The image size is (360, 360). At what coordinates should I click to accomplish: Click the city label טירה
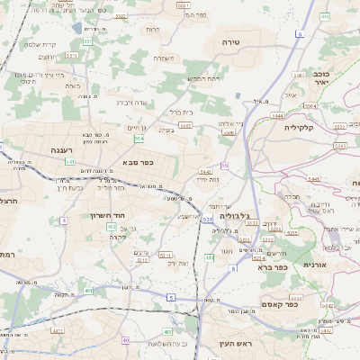233,41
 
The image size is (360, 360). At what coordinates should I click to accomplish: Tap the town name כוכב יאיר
322,76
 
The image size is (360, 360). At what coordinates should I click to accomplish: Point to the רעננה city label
42,151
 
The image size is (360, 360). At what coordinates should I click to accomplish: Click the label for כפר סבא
139,162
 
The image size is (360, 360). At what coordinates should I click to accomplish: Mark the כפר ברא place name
271,266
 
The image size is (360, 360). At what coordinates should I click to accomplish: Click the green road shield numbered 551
87,40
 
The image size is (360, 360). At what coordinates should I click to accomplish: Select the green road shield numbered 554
139,139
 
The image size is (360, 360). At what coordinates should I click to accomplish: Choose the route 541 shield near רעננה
70,161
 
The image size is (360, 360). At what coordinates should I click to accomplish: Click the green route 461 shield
88,291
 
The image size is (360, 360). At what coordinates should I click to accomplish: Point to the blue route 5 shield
170,296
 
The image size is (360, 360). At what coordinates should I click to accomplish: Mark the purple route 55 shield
225,165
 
